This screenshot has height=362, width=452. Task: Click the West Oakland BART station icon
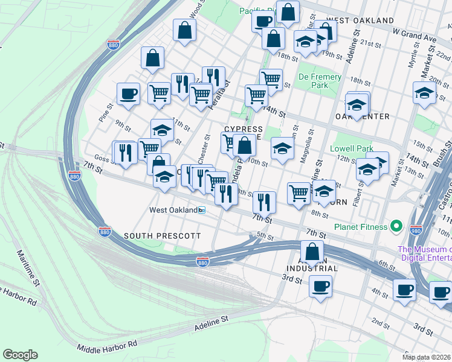pos(202,210)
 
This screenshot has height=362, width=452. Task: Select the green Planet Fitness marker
pos(396,226)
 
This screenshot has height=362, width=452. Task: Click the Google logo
pos(20,354)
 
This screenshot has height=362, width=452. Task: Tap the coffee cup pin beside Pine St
pos(128,94)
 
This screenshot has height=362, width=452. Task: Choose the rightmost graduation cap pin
pos(424,93)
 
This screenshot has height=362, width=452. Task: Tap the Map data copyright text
pos(427,357)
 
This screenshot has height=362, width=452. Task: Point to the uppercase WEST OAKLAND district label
pos(360,21)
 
